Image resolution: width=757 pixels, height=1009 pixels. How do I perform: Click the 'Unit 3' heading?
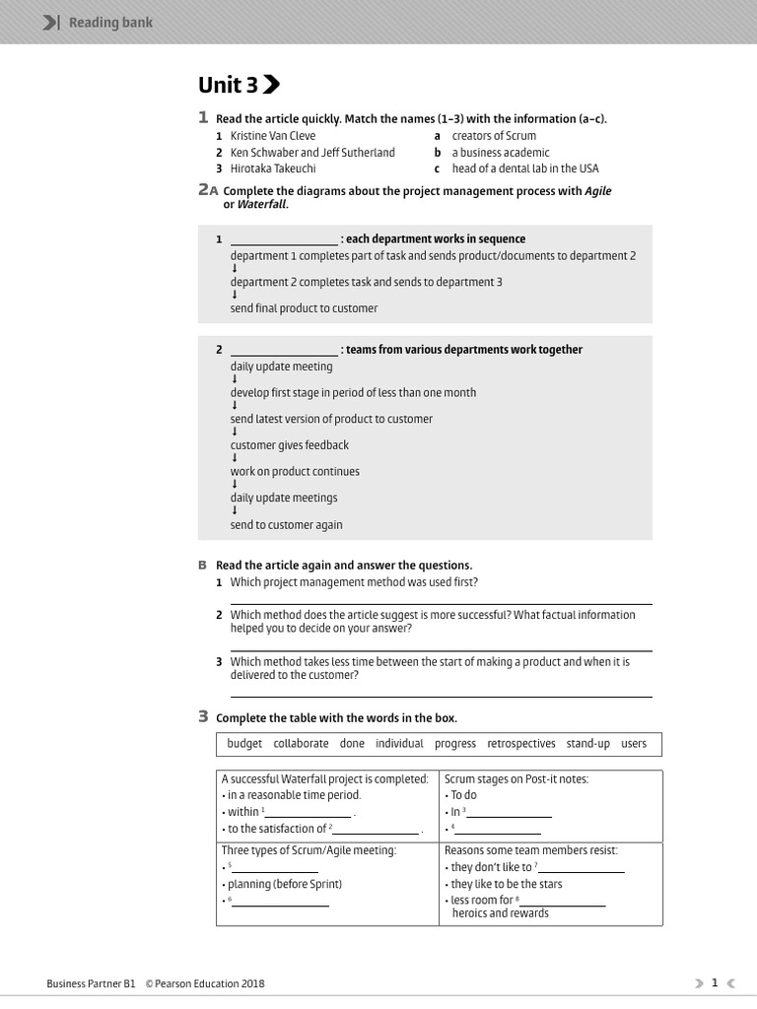tap(229, 85)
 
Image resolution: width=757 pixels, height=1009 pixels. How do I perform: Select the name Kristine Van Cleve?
tap(273, 136)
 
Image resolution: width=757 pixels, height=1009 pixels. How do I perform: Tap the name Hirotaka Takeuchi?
tap(273, 168)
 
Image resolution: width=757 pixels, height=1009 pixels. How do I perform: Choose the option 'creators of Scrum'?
tap(494, 136)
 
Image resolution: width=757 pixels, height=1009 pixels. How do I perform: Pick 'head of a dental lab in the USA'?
tap(525, 168)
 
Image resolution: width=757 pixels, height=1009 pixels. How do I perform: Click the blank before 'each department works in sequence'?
tap(284, 239)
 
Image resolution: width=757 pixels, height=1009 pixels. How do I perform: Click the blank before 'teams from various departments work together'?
tap(284, 350)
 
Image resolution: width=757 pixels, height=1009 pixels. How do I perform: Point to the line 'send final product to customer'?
tap(304, 308)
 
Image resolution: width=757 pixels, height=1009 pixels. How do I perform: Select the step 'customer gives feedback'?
tap(290, 445)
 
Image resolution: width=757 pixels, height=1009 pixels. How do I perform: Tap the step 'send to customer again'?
tap(287, 525)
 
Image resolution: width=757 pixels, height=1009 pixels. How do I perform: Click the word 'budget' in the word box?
tap(244, 744)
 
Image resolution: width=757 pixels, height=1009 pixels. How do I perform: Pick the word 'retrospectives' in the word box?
tap(520, 744)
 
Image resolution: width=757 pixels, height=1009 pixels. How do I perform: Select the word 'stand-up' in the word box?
tap(587, 744)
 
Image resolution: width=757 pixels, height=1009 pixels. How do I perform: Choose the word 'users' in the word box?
tap(634, 744)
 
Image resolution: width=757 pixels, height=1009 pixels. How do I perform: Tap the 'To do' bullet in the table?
tap(463, 795)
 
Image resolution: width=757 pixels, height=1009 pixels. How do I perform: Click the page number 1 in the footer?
tap(715, 982)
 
